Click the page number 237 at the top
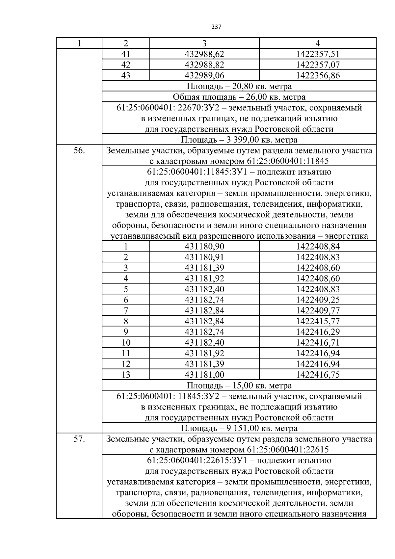tap(216, 27)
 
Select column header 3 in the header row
tap(204, 43)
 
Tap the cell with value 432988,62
tap(204, 54)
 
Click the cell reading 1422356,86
tap(318, 75)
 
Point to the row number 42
tap(126, 65)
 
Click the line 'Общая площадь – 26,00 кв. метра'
tap(239, 97)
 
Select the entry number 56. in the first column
tap(79, 151)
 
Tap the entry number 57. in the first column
tap(79, 439)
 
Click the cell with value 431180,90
tap(204, 246)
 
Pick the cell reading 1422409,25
tap(318, 300)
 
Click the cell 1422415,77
tap(318, 321)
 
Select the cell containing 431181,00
tap(204, 375)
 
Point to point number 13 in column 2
tap(126, 375)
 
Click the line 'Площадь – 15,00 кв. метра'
tap(239, 385)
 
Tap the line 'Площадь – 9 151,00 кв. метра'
tap(239, 428)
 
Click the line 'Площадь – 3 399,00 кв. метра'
tap(239, 140)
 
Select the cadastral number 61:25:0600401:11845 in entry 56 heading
tap(287, 161)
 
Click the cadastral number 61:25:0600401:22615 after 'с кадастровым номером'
tap(287, 450)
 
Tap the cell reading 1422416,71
tap(318, 342)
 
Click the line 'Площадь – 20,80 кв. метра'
tap(239, 86)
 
